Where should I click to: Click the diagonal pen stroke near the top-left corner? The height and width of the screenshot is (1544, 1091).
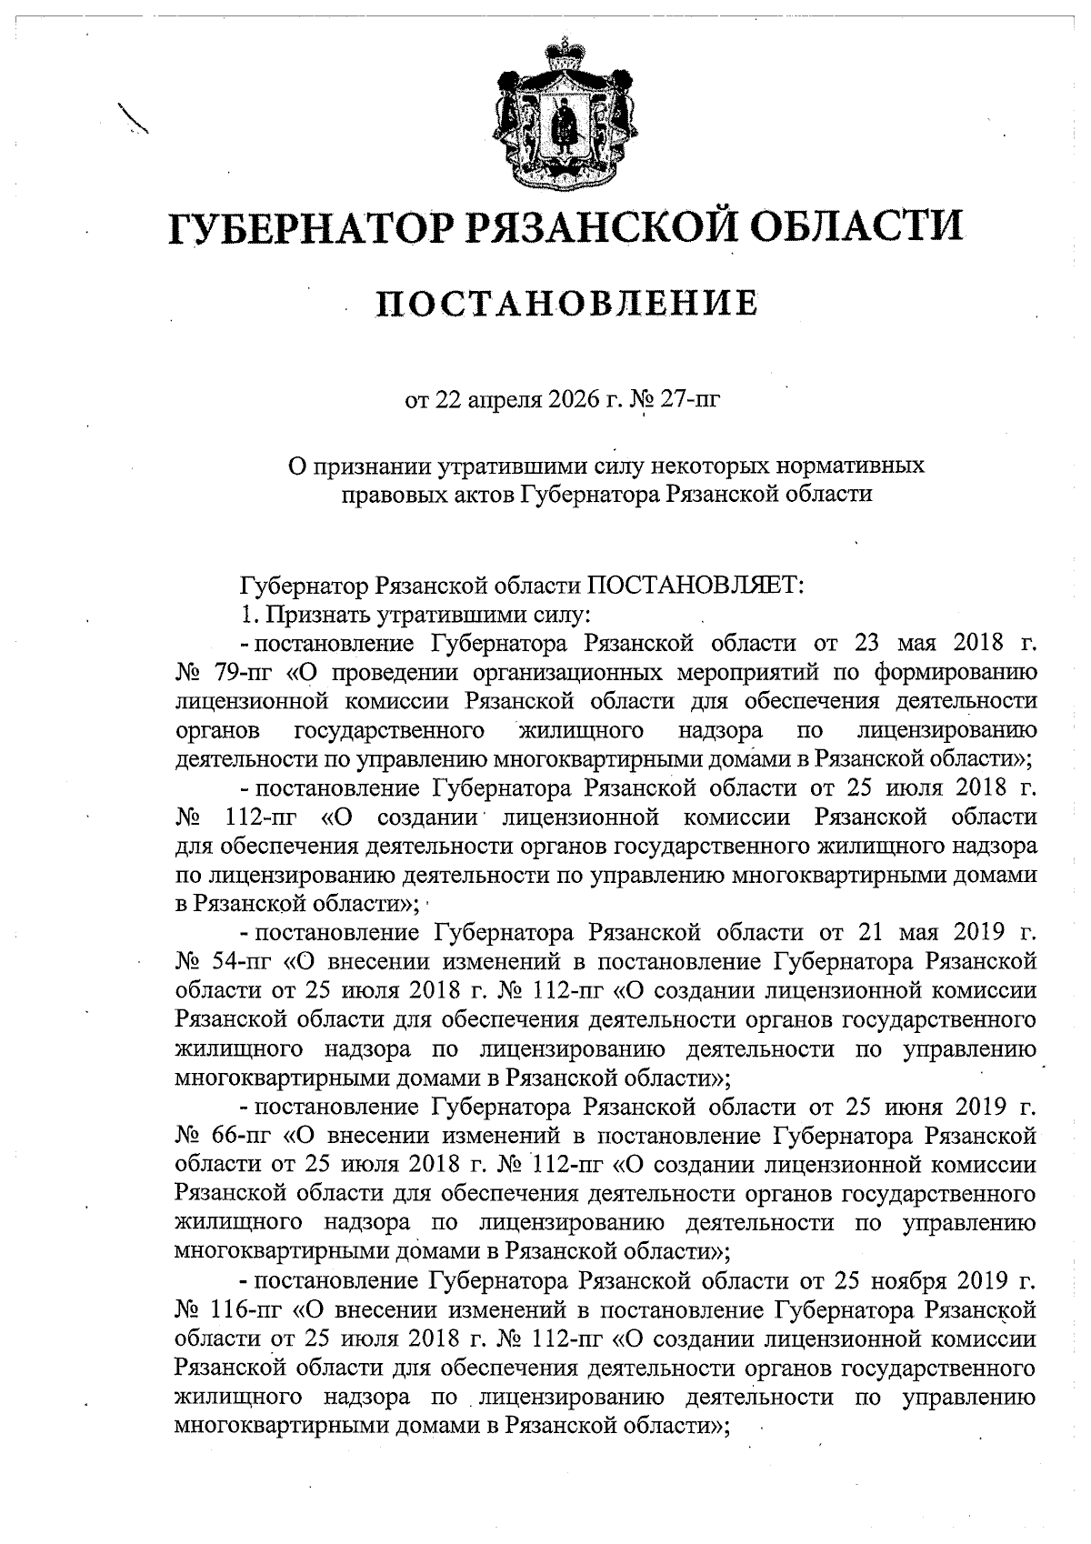click(x=134, y=118)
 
